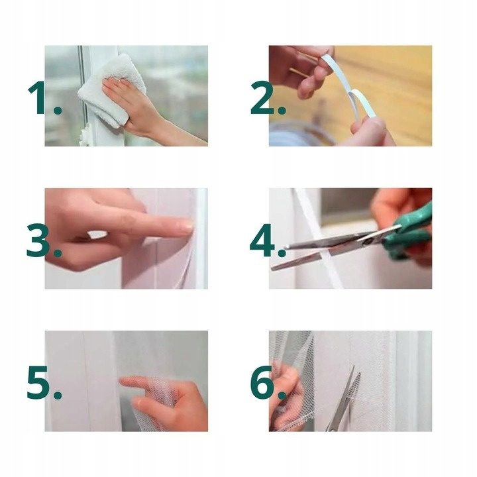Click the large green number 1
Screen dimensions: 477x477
coord(39,97)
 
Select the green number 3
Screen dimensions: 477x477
coord(38,240)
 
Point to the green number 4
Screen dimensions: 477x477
coord(262,240)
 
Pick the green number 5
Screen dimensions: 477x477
coord(38,382)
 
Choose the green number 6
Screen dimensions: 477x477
coord(262,382)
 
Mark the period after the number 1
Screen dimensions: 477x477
coord(57,109)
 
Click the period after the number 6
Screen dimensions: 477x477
coord(282,394)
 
